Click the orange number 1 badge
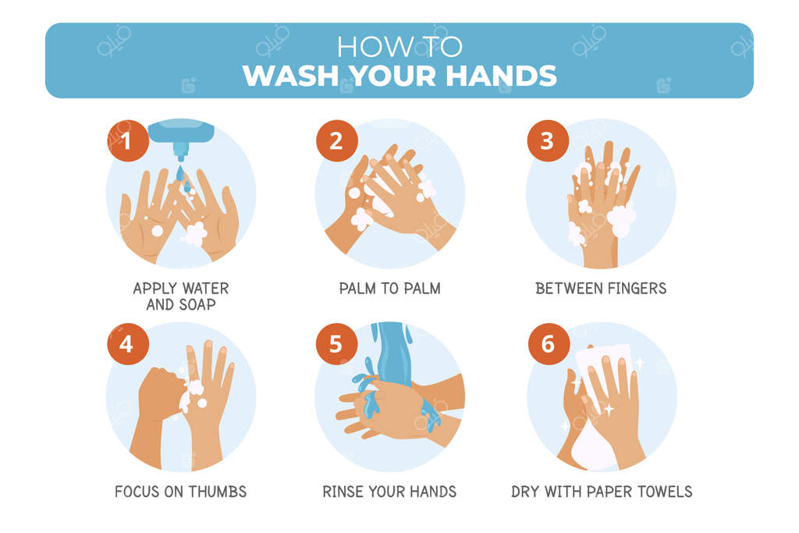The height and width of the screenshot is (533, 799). click(x=128, y=140)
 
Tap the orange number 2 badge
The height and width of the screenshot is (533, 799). click(x=337, y=140)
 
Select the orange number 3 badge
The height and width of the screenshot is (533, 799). click(x=548, y=140)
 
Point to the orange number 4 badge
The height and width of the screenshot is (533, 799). click(x=128, y=344)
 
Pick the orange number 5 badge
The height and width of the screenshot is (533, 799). click(x=337, y=344)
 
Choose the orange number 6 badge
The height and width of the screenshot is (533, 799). click(x=549, y=344)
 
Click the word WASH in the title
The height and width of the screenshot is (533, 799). click(x=290, y=76)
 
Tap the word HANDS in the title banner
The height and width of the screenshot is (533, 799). click(x=502, y=76)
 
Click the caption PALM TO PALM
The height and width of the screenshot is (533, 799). click(x=390, y=289)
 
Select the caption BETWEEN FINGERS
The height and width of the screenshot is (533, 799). click(x=601, y=289)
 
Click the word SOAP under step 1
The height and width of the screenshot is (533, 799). click(x=197, y=304)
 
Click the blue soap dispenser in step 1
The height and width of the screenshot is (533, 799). click(x=181, y=135)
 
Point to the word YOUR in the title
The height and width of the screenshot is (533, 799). click(x=393, y=76)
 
